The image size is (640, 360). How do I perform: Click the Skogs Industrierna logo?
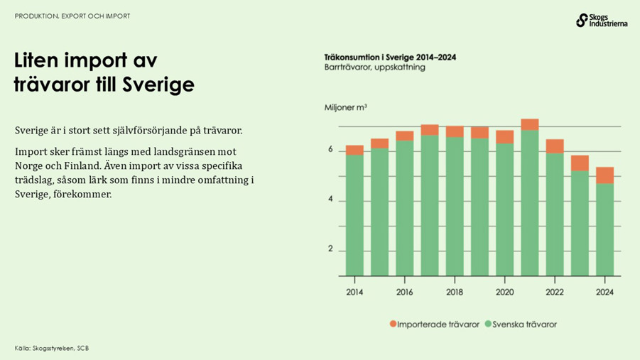(601, 21)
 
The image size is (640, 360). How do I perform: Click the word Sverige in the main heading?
(158, 85)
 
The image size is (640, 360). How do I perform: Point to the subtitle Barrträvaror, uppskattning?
(374, 67)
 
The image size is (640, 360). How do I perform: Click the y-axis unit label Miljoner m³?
(346, 107)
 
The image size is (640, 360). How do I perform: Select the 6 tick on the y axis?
(330, 151)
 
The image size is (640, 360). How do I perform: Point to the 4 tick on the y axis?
(330, 200)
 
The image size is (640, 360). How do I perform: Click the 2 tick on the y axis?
(330, 250)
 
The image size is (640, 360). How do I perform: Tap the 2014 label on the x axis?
(354, 292)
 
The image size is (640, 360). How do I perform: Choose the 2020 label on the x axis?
(504, 292)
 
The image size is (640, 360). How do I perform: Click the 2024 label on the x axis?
(604, 292)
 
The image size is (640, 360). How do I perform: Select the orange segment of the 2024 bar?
(604, 175)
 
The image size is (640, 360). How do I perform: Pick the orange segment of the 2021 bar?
(529, 124)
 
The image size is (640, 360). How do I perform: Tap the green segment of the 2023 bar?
(580, 223)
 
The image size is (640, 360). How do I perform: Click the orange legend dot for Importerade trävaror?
(394, 324)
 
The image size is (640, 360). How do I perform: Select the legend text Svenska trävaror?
(525, 324)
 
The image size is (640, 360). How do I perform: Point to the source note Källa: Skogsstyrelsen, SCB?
(51, 348)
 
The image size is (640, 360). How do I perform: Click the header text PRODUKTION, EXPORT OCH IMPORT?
(72, 16)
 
